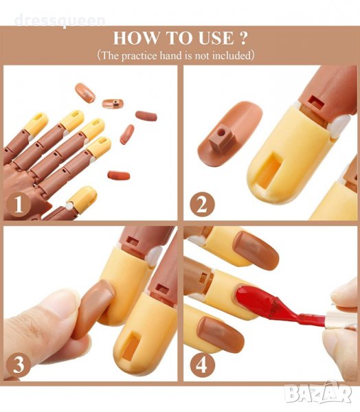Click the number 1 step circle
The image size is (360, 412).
click(19, 204)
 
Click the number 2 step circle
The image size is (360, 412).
click(202, 205)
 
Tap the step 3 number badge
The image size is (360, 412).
click(19, 364)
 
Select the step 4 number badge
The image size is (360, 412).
click(202, 364)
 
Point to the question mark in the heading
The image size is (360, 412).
click(243, 38)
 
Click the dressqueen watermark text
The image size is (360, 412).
click(60, 21)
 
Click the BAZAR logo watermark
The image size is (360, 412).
click(319, 393)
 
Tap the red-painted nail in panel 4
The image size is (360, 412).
click(253, 300)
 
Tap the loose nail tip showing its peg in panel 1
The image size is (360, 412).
click(113, 103)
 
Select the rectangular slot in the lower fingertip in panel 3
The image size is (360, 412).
click(131, 346)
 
